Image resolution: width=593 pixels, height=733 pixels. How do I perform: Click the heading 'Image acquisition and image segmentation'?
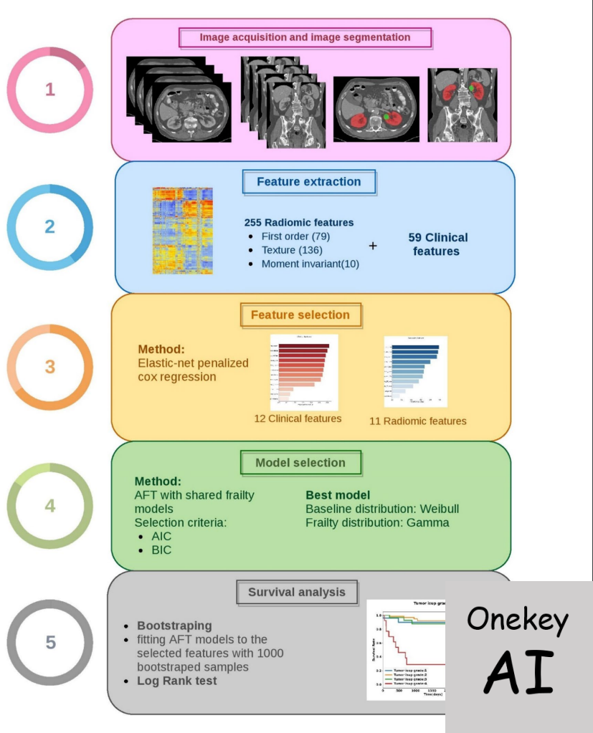pyautogui.click(x=305, y=37)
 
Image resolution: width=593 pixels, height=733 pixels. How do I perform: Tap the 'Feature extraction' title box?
pyautogui.click(x=308, y=182)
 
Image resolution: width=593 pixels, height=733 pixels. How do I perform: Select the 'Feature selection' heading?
pyautogui.click(x=300, y=315)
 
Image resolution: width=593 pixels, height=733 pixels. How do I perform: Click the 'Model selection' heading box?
pyautogui.click(x=300, y=463)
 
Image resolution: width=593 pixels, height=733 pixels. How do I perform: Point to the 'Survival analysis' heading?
pyautogui.click(x=297, y=593)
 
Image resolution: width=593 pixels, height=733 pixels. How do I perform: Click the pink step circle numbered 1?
pyautogui.click(x=49, y=90)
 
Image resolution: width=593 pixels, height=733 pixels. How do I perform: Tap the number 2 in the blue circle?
pyautogui.click(x=49, y=226)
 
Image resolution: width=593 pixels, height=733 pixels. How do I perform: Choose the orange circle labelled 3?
pyautogui.click(x=49, y=367)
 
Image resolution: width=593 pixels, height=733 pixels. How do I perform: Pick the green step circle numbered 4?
pyautogui.click(x=49, y=506)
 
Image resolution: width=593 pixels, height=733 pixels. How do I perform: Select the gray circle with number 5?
pyautogui.click(x=50, y=642)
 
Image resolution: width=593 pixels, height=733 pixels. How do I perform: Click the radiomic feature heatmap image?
pyautogui.click(x=183, y=231)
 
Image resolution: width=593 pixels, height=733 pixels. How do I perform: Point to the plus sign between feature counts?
pyautogui.click(x=373, y=246)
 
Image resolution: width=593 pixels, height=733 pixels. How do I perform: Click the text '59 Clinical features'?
pyautogui.click(x=436, y=244)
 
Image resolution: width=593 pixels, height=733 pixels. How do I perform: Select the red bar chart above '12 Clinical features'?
pyautogui.click(x=303, y=372)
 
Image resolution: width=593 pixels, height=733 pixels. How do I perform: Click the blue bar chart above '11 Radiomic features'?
pyautogui.click(x=415, y=371)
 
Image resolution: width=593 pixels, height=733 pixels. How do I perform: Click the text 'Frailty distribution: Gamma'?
pyautogui.click(x=377, y=522)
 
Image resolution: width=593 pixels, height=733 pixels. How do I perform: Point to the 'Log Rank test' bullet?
pyautogui.click(x=177, y=681)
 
